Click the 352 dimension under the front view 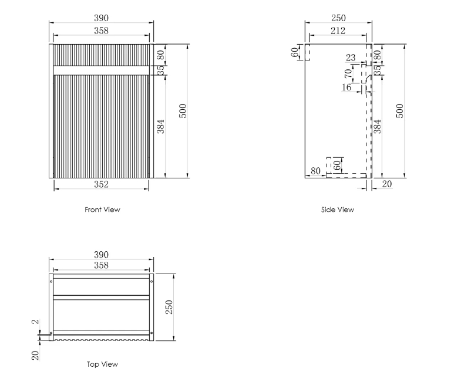pyautogui.click(x=101, y=184)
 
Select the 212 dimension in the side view pyautogui.click(x=338, y=31)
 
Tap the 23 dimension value pyautogui.click(x=351, y=58)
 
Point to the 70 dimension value pyautogui.click(x=348, y=73)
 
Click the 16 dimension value pyautogui.click(x=346, y=87)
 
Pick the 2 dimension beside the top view pyautogui.click(x=35, y=322)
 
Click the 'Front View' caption pyautogui.click(x=102, y=210)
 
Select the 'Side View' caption pyautogui.click(x=338, y=210)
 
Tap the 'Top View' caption pyautogui.click(x=102, y=364)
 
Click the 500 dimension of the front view pyautogui.click(x=183, y=111)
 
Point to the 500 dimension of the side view pyautogui.click(x=400, y=111)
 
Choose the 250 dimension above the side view pyautogui.click(x=338, y=18)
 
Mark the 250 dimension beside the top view pyautogui.click(x=169, y=307)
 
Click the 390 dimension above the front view pyautogui.click(x=101, y=18)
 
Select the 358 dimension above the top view pyautogui.click(x=101, y=265)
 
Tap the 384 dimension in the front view pyautogui.click(x=160, y=126)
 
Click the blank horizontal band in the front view pyautogui.click(x=101, y=70)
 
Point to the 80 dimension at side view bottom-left pyautogui.click(x=315, y=171)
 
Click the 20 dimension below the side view pyautogui.click(x=387, y=184)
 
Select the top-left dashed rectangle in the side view pyautogui.click(x=308, y=52)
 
